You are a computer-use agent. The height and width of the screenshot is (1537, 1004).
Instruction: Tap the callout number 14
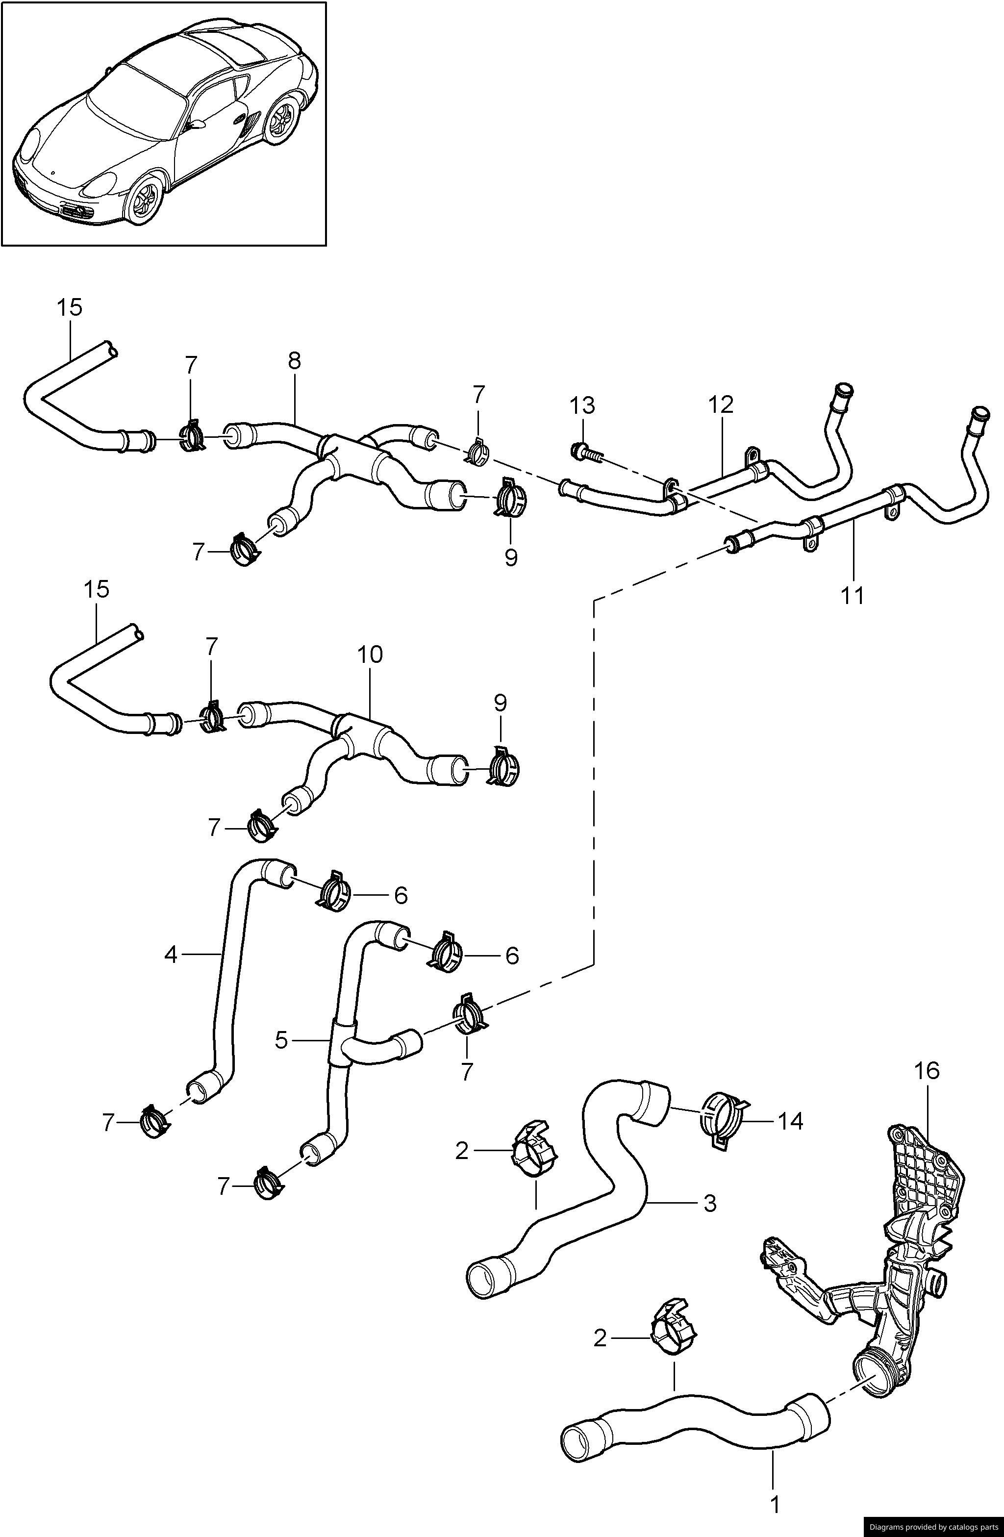pyautogui.click(x=790, y=1121)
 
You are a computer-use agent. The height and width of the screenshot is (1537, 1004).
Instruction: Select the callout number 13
pyautogui.click(x=582, y=407)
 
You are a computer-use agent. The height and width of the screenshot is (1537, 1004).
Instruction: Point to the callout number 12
pyautogui.click(x=721, y=405)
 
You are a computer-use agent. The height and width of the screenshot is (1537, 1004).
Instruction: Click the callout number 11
pyautogui.click(x=852, y=595)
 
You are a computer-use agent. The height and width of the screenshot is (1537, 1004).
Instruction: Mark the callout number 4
pyautogui.click(x=171, y=954)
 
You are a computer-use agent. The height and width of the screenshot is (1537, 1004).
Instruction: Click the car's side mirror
pyautogui.click(x=196, y=124)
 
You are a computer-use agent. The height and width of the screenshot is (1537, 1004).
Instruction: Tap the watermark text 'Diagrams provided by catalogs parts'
pyautogui.click(x=933, y=1528)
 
